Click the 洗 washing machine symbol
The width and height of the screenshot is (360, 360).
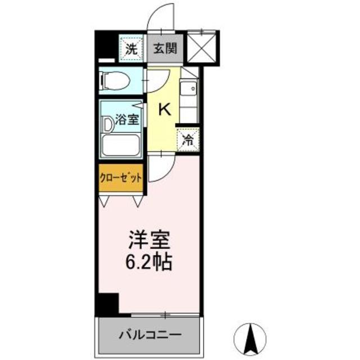pyautogui.click(x=131, y=48)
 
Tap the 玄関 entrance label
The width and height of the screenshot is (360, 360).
pyautogui.click(x=165, y=48)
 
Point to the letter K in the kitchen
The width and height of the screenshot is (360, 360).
pyautogui.click(x=164, y=109)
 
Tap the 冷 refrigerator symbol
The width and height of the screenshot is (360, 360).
pyautogui.click(x=187, y=141)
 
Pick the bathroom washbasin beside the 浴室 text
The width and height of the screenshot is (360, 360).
pyautogui.click(x=108, y=123)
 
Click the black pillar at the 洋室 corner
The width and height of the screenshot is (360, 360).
pyautogui.click(x=107, y=305)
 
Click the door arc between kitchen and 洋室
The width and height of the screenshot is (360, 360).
pyautogui.click(x=161, y=167)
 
